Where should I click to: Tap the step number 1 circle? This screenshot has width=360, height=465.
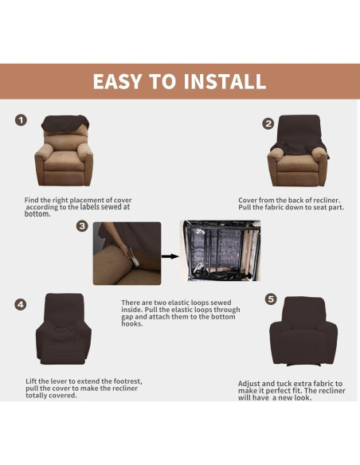22,120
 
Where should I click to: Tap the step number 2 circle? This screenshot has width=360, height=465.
268,123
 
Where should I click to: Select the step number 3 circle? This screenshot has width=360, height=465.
82,226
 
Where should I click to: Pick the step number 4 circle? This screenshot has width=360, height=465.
21,303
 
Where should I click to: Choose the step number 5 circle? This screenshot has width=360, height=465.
271,299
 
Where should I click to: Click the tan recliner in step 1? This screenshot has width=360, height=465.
64,159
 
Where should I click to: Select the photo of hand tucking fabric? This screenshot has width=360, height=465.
127,253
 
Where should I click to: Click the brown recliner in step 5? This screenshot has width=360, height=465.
303,330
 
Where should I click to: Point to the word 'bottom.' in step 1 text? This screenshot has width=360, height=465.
37,213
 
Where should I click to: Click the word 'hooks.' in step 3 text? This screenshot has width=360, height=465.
134,324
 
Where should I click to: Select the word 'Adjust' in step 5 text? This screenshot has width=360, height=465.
252,383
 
